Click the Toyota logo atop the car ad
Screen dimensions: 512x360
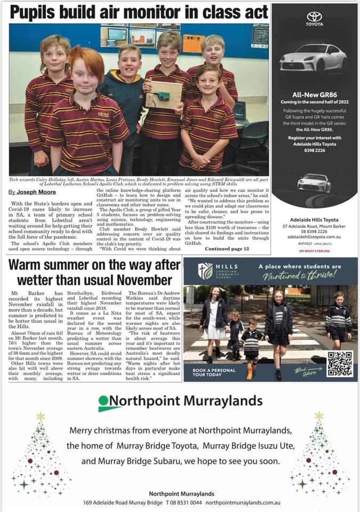[x=314, y=18]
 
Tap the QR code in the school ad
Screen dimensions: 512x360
[x=340, y=364]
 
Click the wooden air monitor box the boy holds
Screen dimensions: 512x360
[x=164, y=95]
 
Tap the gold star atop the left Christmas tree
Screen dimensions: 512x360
[x=41, y=416]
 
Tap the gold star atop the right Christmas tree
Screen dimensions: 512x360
[x=319, y=415]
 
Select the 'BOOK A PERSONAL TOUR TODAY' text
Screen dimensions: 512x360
[x=214, y=373]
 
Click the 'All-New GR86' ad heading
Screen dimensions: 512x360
[x=314, y=94]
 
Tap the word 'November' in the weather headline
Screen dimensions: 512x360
[x=142, y=280]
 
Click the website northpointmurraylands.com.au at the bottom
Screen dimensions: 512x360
[x=243, y=502]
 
